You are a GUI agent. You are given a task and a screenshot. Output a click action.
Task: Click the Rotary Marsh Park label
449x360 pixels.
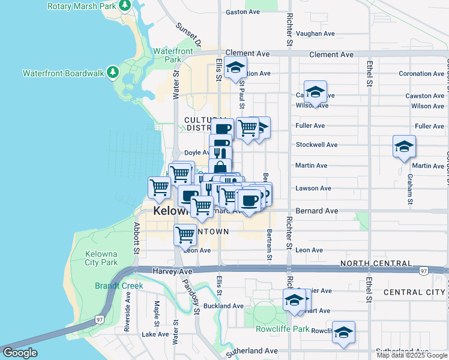pos(82,6)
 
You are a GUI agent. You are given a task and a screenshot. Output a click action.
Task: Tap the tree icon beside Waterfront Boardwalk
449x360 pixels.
pos(112,73)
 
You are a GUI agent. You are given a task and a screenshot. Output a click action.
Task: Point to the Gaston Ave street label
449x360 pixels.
pos(243,12)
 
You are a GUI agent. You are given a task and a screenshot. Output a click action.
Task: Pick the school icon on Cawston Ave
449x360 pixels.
pos(315,92)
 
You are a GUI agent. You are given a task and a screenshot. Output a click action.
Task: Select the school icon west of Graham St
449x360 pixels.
pos(404,146)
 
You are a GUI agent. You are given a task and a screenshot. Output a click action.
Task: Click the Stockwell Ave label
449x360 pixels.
pos(316,145)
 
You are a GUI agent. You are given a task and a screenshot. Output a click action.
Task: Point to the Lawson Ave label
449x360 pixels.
pos(313,188)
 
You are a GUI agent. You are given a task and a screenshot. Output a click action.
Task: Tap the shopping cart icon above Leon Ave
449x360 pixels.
pos(185,235)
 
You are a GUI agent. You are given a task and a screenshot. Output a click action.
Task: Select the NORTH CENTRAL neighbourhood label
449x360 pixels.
pos(376,263)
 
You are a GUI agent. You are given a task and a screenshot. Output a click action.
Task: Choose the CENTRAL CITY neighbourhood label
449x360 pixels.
pos(414,292)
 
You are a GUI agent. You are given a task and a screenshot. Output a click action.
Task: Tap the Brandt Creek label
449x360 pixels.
pos(119,286)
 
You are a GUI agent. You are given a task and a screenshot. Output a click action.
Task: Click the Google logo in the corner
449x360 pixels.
pos(20,353)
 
